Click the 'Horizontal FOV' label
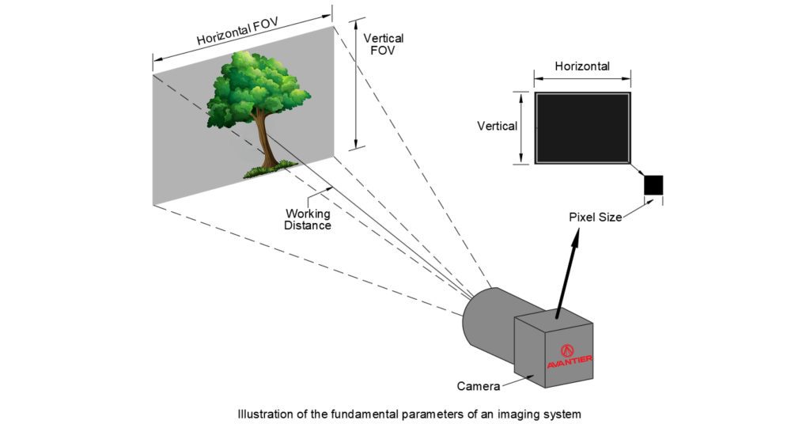point(233,31)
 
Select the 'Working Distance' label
point(308,219)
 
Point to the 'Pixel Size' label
point(595,217)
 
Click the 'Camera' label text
point(478,387)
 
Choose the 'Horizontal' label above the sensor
point(582,66)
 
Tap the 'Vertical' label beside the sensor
point(497,126)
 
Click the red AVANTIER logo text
point(570,362)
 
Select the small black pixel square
point(653,184)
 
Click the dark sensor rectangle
point(582,127)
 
